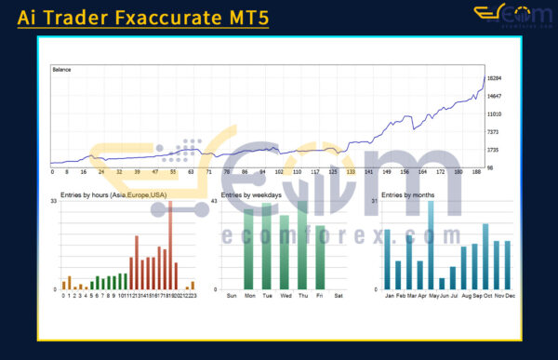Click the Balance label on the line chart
tap(62, 69)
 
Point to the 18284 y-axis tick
tap(495, 79)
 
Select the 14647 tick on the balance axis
tap(495, 97)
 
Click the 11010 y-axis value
tap(495, 114)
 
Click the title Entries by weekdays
tap(251, 194)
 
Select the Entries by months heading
tap(407, 194)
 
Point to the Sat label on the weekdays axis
tap(338, 296)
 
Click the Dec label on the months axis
tap(510, 296)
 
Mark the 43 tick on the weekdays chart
tap(215, 202)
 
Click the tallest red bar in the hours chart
tap(170, 245)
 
